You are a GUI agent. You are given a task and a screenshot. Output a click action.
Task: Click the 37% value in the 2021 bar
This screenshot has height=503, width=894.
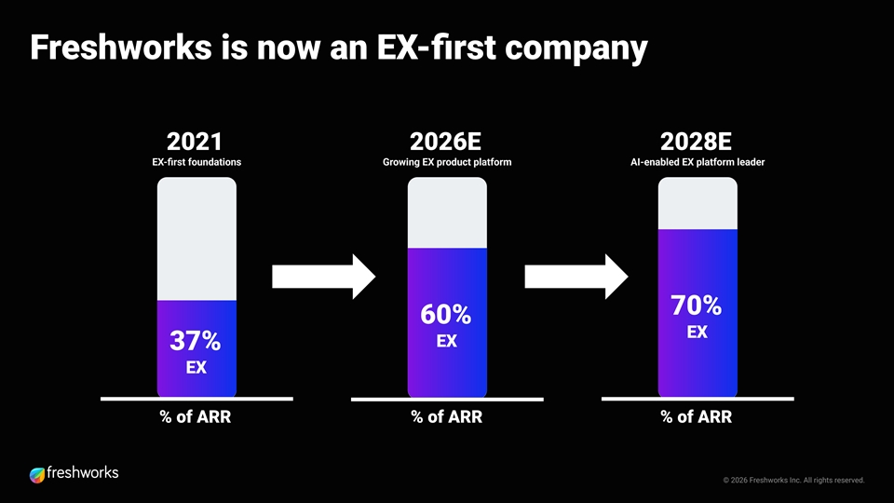(x=195, y=341)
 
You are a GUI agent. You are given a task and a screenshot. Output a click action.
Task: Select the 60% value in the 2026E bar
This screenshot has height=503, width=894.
(x=446, y=314)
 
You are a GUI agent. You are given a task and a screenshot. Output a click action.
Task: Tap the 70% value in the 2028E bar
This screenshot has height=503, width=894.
(x=697, y=306)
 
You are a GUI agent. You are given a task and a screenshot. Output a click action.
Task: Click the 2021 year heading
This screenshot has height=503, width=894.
(x=195, y=142)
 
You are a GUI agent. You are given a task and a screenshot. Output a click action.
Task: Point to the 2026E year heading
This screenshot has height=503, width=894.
(x=445, y=142)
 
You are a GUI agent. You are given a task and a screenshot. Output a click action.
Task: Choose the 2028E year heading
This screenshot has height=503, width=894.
(x=696, y=142)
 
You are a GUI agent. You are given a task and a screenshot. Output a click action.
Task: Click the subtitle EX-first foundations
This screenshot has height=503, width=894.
(x=196, y=162)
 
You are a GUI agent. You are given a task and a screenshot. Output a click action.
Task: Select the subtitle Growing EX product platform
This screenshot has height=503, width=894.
(x=447, y=162)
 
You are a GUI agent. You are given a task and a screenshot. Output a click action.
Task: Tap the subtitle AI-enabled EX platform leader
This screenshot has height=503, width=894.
(x=698, y=162)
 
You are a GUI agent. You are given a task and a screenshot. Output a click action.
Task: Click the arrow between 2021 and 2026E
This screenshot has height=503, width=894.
(x=324, y=277)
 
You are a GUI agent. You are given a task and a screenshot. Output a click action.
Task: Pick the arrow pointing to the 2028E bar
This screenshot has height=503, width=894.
(x=576, y=277)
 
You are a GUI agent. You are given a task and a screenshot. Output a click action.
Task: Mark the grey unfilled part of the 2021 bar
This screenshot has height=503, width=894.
(x=196, y=239)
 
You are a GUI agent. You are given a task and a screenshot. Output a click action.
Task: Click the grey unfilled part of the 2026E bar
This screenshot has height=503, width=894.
(x=447, y=212)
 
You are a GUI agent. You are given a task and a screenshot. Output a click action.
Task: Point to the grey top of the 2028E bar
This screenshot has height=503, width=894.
(x=698, y=204)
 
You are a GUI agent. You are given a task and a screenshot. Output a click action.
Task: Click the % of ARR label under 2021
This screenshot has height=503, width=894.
(x=196, y=417)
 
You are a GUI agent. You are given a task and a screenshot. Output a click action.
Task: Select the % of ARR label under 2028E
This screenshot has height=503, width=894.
(x=697, y=417)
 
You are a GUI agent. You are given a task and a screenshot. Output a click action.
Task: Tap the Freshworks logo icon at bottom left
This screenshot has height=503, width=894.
(x=37, y=475)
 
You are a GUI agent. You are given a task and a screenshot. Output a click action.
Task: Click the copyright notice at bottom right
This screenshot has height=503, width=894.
(x=793, y=481)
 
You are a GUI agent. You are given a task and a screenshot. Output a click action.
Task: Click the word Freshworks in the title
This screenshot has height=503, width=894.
(x=121, y=47)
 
